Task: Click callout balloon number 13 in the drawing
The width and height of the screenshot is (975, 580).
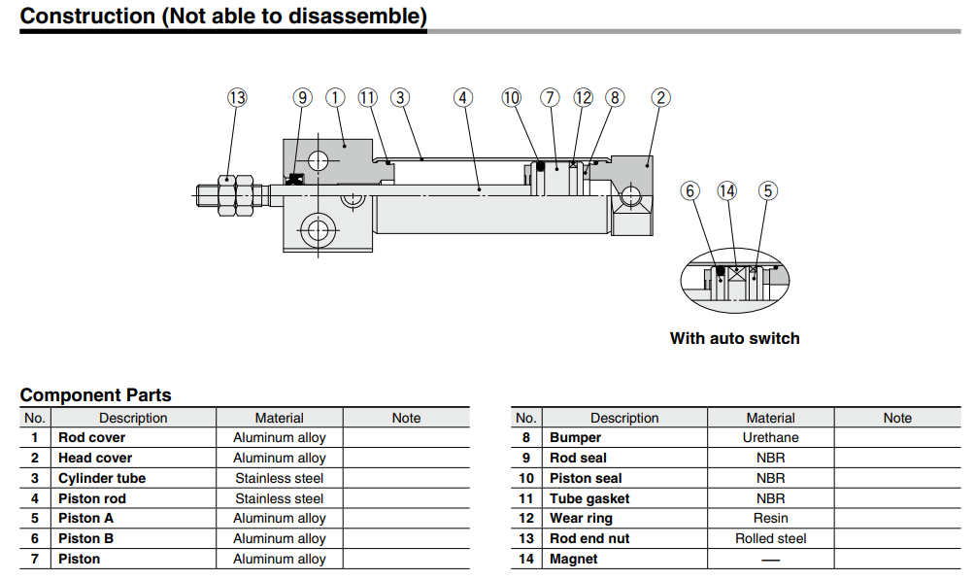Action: click(237, 97)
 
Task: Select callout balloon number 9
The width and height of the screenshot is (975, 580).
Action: click(302, 97)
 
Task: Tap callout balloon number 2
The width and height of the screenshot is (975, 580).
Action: click(660, 97)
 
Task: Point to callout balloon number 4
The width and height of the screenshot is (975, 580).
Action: click(463, 97)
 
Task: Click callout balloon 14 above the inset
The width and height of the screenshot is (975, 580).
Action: click(727, 190)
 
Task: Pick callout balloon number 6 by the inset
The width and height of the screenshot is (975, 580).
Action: click(690, 190)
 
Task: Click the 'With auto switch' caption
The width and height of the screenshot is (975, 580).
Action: click(734, 338)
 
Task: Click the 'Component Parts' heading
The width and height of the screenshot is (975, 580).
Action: click(95, 395)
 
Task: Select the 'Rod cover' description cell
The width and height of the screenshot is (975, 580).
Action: click(91, 437)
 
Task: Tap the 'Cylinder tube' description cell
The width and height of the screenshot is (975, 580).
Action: click(102, 478)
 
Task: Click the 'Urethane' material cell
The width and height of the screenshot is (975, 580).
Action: click(770, 437)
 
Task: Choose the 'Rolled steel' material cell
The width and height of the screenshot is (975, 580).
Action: click(770, 538)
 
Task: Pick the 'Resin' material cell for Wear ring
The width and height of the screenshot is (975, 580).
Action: click(770, 518)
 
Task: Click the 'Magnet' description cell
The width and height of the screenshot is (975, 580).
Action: click(574, 559)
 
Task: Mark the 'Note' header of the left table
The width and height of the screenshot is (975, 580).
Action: click(406, 418)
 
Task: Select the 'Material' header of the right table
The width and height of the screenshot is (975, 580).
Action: click(770, 418)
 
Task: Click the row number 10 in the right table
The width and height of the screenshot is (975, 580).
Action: click(525, 478)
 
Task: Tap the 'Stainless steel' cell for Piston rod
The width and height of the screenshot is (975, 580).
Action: click(279, 498)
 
